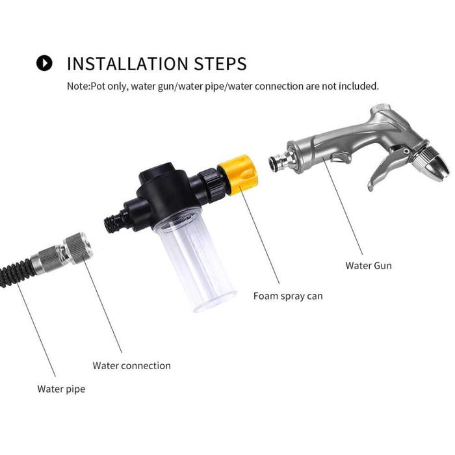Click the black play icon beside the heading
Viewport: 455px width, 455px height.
tap(44, 63)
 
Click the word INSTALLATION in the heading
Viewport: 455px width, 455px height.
tap(127, 64)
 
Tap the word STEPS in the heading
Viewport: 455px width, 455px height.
tap(220, 64)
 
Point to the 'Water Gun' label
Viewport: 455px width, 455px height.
tap(369, 265)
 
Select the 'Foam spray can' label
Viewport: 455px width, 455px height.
tap(288, 296)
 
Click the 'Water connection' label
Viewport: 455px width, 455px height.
tap(131, 365)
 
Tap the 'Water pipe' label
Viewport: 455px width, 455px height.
tap(61, 389)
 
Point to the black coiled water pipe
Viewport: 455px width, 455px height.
tap(16, 273)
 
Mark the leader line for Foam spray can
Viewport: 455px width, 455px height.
tap(259, 235)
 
